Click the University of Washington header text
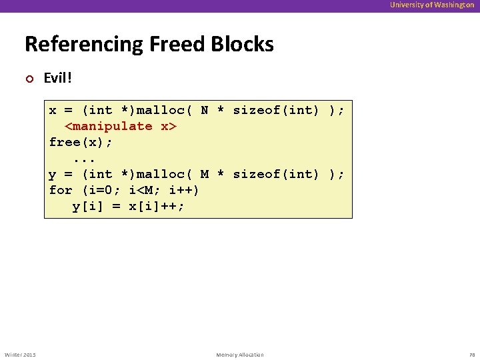point(432,5)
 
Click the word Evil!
point(57,78)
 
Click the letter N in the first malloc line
point(205,110)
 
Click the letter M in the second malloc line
point(205,174)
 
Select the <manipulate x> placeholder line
point(120,126)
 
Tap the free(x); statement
point(81,142)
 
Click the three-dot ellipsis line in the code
point(85,158)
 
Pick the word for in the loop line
point(61,190)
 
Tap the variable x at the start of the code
point(53,110)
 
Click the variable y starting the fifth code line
point(53,175)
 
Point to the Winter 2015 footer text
point(20,355)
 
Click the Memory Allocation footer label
point(240,355)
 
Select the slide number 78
point(470,355)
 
